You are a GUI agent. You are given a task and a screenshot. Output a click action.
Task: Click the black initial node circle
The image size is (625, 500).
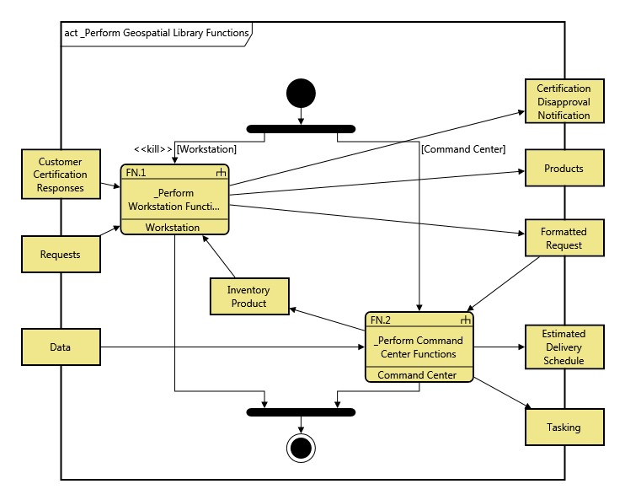301,92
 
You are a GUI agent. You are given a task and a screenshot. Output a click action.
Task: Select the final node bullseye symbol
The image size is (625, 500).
301,447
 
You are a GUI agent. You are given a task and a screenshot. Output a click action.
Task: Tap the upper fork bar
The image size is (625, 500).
301,129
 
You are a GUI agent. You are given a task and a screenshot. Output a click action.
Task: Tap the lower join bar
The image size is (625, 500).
301,412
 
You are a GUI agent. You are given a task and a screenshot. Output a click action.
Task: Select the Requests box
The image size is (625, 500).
61,254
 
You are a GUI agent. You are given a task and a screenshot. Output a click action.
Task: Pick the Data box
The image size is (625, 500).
61,347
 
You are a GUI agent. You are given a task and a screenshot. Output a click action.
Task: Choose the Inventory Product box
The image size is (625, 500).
248,296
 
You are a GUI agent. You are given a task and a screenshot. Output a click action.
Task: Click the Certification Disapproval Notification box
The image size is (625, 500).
564,101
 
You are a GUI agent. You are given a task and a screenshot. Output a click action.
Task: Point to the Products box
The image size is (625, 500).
564,169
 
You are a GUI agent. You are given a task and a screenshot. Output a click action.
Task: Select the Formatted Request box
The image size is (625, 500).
564,239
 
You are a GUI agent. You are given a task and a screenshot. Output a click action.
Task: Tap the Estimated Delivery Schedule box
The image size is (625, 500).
564,347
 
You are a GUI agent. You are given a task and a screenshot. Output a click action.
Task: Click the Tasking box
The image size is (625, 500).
564,427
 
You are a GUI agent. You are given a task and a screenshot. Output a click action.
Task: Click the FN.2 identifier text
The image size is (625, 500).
382,320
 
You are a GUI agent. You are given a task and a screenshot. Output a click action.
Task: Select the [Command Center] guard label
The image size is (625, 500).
462,149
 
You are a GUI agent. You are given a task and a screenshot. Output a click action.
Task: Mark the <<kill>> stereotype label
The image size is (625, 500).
152,149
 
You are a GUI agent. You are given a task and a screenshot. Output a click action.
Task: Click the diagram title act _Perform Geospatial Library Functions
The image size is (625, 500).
157,33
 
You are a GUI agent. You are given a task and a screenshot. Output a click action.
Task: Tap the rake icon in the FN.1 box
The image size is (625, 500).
221,172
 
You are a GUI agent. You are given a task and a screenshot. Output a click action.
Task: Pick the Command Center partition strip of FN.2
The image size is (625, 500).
418,375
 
